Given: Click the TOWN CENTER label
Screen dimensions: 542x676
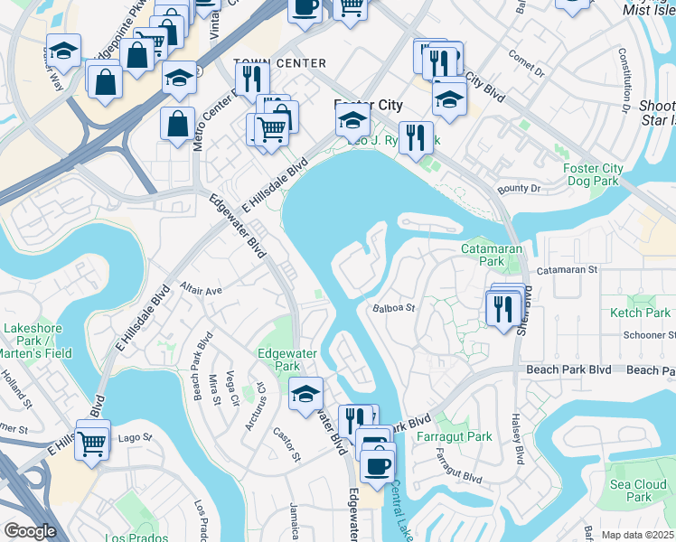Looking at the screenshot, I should pos(279,62).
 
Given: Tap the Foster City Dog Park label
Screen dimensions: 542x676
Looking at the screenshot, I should pos(593,175).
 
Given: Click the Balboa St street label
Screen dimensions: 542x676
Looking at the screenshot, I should pos(393,308).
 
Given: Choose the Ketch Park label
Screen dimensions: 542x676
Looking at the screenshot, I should pos(640,313).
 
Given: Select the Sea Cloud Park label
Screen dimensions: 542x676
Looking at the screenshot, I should pos(638,491).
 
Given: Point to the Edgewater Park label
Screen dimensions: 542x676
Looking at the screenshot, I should pos(278,360).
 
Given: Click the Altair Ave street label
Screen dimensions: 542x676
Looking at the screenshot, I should pos(201,291).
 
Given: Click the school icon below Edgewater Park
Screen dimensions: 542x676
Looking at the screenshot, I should pos(306,392).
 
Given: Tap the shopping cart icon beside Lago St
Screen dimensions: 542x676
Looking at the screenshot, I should pos(91,443).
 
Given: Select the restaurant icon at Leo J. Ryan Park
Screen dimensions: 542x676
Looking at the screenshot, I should pos(416,137).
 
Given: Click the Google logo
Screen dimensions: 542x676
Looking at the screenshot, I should pos(30,530).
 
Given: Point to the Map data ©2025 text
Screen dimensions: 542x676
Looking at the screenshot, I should pos(638,535).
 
